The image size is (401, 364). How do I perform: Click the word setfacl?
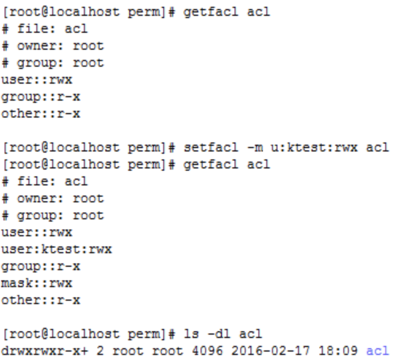click(x=210, y=148)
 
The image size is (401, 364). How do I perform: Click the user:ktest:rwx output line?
click(x=57, y=249)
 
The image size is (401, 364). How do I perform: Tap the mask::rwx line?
click(x=37, y=283)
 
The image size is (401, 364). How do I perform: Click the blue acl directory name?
click(x=377, y=351)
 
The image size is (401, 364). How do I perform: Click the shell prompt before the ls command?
click(x=91, y=334)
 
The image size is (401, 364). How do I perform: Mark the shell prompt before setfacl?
click(x=91, y=148)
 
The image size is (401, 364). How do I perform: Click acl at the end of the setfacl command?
click(x=377, y=148)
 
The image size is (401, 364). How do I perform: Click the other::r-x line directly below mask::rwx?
click(x=41, y=300)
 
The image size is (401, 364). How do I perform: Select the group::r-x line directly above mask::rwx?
click(x=41, y=266)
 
